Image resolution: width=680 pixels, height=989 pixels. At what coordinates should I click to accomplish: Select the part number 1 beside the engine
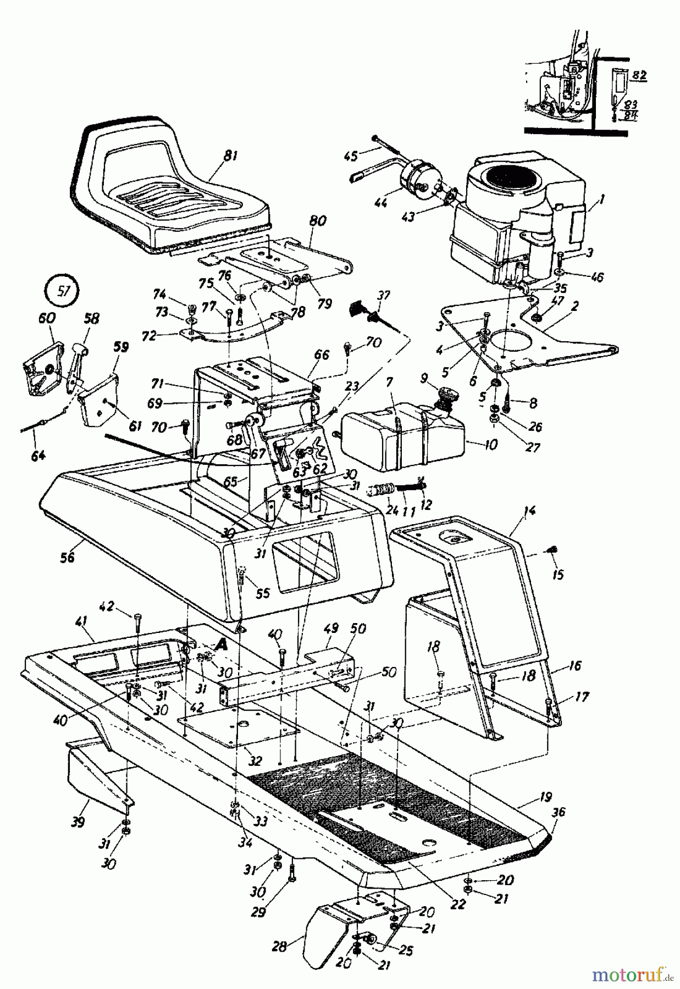(x=602, y=201)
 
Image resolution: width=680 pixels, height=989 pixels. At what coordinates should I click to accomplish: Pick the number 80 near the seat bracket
(x=317, y=221)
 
